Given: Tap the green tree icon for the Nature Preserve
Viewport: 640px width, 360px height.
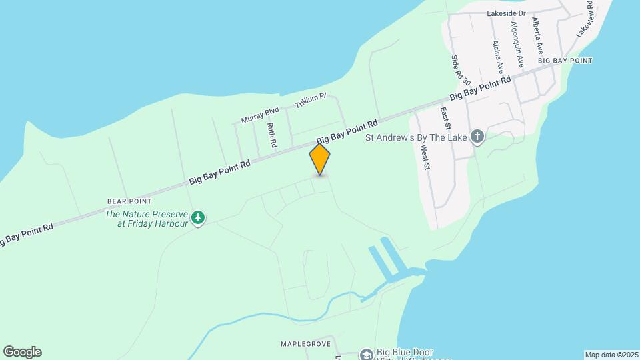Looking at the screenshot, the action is point(197,217).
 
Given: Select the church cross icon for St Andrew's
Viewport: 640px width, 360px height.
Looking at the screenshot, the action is point(477,137).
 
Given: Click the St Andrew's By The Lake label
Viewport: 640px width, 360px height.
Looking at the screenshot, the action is point(416,139).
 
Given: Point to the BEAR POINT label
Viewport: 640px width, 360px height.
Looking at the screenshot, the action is point(129,201).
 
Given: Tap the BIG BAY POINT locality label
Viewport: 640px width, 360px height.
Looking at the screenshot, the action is point(565,61).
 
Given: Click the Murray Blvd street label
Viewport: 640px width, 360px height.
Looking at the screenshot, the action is point(259,115).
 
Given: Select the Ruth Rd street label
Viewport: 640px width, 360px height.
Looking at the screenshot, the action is point(271,135).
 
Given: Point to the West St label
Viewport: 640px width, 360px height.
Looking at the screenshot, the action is point(424,156).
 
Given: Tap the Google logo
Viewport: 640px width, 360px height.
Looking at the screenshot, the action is point(22,352).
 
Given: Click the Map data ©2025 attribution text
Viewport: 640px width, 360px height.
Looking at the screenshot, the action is point(611,355).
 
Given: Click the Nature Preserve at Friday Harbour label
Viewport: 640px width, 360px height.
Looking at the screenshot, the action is point(147,219).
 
